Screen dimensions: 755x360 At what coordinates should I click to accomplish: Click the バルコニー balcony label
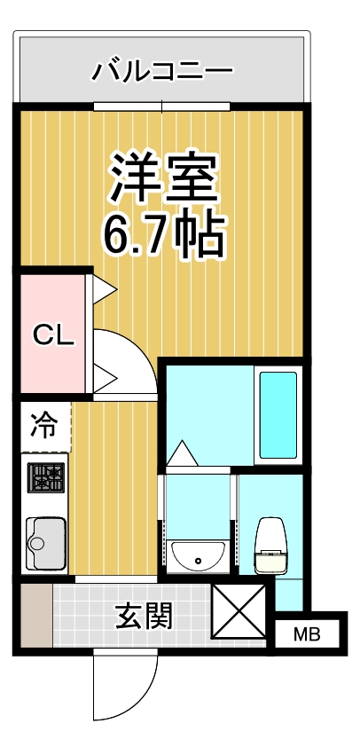tap(162, 70)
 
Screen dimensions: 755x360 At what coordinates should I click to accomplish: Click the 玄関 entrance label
tap(144, 615)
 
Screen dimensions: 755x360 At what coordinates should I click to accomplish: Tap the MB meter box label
tap(306, 634)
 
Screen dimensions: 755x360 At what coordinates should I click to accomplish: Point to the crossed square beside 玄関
tap(239, 612)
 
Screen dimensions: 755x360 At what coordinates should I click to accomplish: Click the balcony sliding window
tap(162, 106)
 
